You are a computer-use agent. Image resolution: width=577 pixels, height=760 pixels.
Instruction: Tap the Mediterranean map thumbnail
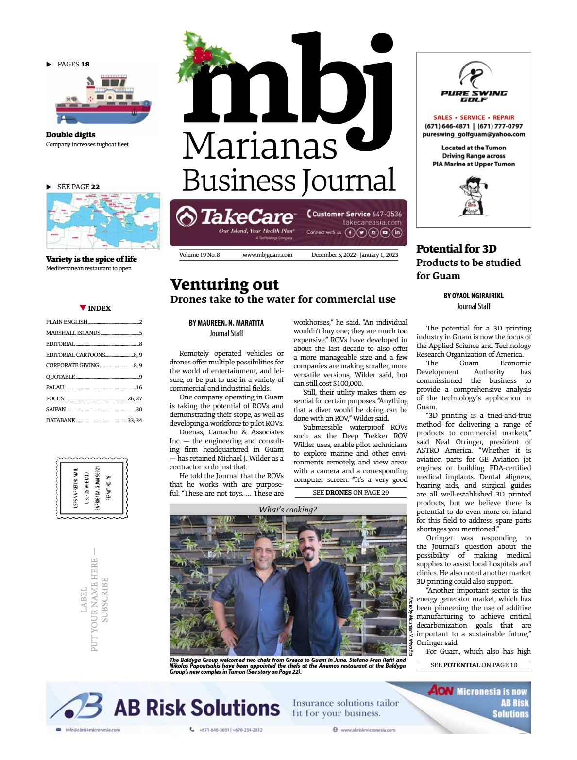coord(103,221)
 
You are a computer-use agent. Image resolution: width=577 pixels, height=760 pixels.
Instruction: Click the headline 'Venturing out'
coord(224,284)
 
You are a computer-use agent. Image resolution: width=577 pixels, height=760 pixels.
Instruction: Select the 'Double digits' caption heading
coord(70,135)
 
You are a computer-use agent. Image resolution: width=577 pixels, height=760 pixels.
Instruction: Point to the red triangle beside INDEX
coord(83,308)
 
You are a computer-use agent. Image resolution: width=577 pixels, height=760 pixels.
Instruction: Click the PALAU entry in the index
coord(55,387)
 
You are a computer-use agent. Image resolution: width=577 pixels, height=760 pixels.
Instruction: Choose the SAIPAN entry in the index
coord(56,409)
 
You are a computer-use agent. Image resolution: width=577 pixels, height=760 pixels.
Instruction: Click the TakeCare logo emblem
coord(187,217)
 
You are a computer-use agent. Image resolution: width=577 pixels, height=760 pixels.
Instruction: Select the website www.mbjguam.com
coord(267,255)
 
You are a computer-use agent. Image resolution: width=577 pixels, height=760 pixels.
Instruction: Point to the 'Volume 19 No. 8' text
coord(199,255)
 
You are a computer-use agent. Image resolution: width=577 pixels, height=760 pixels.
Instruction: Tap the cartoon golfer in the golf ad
coord(473,196)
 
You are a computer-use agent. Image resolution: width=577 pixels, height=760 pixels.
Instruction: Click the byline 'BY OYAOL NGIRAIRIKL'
coord(473,296)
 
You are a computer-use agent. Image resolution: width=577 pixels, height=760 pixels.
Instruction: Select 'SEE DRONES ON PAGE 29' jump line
coord(351,492)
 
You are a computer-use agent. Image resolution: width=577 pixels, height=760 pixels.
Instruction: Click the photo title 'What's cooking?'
coord(288,510)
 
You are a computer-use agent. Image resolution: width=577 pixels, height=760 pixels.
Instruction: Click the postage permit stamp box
coord(92,488)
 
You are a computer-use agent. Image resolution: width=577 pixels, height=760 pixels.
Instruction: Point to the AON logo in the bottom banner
coord(440,690)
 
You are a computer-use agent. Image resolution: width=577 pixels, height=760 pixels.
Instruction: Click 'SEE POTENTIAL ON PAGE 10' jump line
coord(474,665)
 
